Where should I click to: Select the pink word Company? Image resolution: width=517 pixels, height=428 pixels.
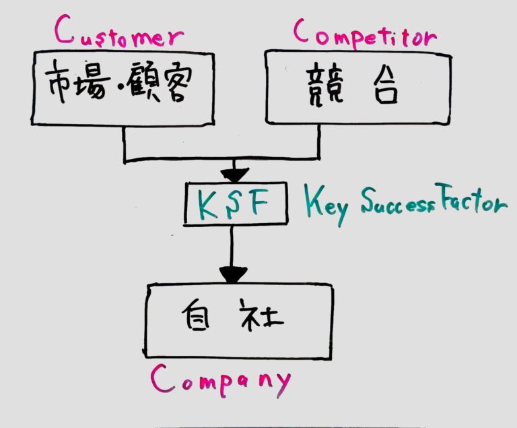tap(221, 381)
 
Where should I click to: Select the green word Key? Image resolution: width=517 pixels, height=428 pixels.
tap(327, 206)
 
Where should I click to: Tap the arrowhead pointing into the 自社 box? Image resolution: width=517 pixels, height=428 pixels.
tap(233, 274)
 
